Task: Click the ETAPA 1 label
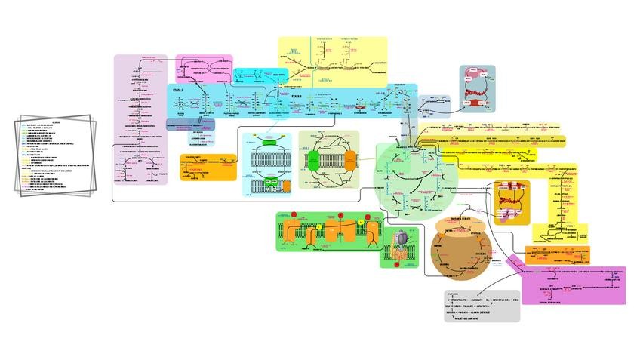[x=178, y=91]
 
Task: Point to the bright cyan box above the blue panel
[x=251, y=75]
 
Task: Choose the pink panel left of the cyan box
[x=203, y=68]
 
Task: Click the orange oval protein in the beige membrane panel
[x=352, y=162]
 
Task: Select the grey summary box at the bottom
[x=482, y=306]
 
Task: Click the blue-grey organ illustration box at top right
[x=477, y=89]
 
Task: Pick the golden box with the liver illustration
[x=512, y=202]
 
